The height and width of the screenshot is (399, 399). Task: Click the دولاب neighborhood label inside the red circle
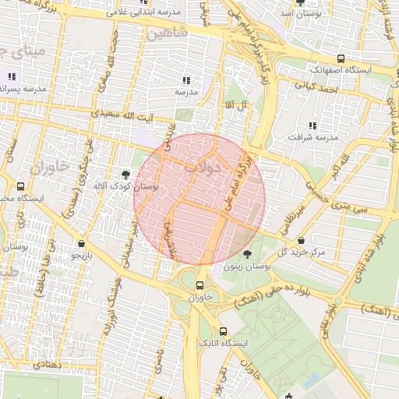pyautogui.click(x=203, y=166)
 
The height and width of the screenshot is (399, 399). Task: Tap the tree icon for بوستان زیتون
pyautogui.click(x=248, y=254)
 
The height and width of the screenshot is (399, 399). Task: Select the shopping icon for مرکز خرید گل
pyautogui.click(x=312, y=241)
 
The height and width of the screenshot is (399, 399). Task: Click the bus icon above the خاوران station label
pyautogui.click(x=200, y=285)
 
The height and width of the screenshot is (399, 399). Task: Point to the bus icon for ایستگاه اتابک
pyautogui.click(x=223, y=331)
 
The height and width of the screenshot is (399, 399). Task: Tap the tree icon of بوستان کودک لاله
pyautogui.click(x=126, y=174)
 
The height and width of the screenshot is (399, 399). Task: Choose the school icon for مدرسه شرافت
pyautogui.click(x=312, y=125)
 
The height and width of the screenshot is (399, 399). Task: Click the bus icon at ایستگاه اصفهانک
pyautogui.click(x=340, y=58)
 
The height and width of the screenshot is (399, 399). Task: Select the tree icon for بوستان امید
pyautogui.click(x=301, y=2)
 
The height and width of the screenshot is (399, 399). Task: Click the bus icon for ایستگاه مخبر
pyautogui.click(x=20, y=186)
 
